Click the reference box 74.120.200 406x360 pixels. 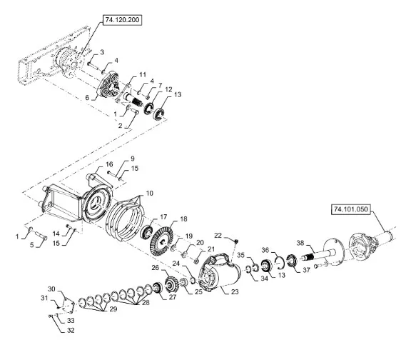pos(123,20)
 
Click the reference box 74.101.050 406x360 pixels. pos(351,209)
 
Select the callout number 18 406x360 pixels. pos(183,219)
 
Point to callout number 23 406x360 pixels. pos(235,292)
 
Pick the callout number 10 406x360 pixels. pos(149,194)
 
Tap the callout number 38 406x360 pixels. pos(300,243)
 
